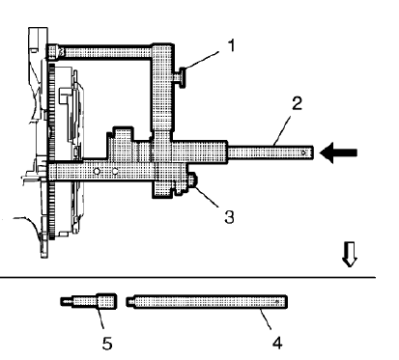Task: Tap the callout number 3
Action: pyautogui.click(x=227, y=217)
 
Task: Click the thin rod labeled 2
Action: pyautogui.click(x=271, y=152)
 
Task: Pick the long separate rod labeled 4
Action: pyautogui.click(x=208, y=302)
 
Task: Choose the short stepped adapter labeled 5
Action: pyautogui.click(x=97, y=302)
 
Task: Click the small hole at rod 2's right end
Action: pyautogui.click(x=305, y=152)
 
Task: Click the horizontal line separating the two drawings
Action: pyautogui.click(x=193, y=277)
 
